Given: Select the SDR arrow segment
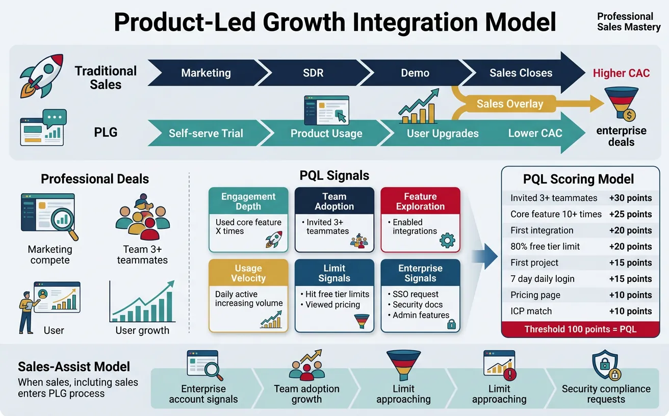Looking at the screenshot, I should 313,73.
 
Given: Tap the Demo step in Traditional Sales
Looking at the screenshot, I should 415,73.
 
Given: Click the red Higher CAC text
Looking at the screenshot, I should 621,73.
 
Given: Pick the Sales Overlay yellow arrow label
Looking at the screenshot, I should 510,104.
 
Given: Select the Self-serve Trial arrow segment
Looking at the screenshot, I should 206,134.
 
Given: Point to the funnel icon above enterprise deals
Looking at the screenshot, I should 621,104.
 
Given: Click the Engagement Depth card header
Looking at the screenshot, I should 248,201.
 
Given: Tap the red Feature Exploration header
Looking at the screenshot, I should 420,201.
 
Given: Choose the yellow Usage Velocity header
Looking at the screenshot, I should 248,273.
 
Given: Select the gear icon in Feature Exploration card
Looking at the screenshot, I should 447,240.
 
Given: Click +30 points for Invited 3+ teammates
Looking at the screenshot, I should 630,198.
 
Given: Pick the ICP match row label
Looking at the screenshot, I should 531,311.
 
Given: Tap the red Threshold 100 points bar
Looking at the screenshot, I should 580,329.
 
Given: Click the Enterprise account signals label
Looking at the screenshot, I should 203,394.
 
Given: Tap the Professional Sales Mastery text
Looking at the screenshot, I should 628,22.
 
